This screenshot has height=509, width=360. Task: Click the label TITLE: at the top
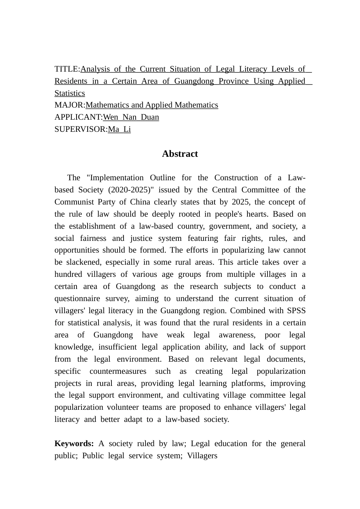point(67,69)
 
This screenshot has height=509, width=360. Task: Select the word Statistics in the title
point(70,93)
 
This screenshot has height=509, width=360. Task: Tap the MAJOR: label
point(70,105)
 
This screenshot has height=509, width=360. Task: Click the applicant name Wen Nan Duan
point(131,117)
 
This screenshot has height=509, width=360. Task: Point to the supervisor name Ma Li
point(119,129)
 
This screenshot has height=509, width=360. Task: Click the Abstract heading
point(180,154)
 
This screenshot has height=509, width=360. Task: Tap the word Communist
point(73,202)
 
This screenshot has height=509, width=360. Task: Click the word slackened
point(81,262)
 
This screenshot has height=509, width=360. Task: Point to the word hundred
point(68,274)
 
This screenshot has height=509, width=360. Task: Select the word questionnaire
point(77,298)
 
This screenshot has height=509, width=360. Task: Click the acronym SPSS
point(296,311)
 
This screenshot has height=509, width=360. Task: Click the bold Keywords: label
point(74,443)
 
